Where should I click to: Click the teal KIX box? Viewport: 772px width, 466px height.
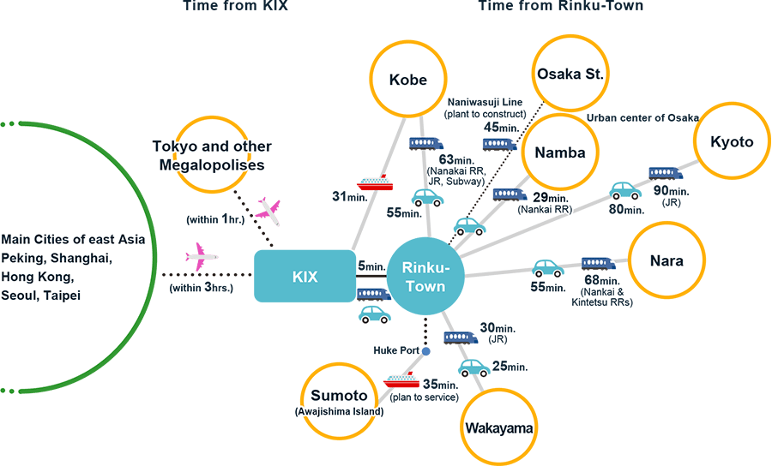pyautogui.click(x=305, y=277)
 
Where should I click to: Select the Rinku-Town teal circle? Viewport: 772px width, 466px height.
pyautogui.click(x=425, y=276)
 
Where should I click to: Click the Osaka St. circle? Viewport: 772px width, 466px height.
pyautogui.click(x=570, y=74)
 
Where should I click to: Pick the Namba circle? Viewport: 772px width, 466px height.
pyautogui.click(x=559, y=152)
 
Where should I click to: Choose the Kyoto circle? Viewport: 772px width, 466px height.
pyautogui.click(x=732, y=142)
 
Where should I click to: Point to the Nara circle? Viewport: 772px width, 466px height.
pyautogui.click(x=666, y=260)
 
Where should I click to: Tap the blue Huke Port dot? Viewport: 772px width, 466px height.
pyautogui.click(x=425, y=351)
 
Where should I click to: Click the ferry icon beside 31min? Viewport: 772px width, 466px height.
pyautogui.click(x=375, y=182)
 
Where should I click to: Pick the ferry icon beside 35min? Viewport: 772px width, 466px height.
pyautogui.click(x=400, y=379)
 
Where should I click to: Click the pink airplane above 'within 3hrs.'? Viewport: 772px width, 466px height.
pyautogui.click(x=202, y=255)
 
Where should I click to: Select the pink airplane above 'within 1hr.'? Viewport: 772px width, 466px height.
pyautogui.click(x=268, y=210)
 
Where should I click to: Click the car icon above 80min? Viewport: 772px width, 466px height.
pyautogui.click(x=624, y=189)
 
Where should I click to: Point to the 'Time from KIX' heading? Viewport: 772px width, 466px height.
pyautogui.click(x=234, y=6)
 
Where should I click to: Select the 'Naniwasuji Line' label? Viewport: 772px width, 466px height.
pyautogui.click(x=483, y=102)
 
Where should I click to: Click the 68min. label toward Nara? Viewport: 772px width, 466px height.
pyautogui.click(x=600, y=281)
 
